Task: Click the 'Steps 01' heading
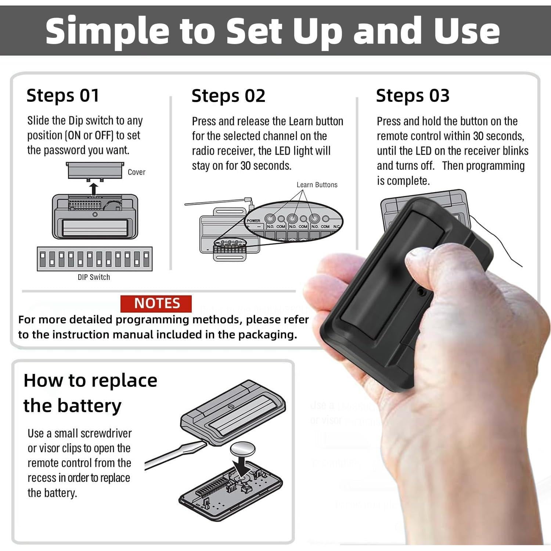coord(63,96)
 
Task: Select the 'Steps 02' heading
coord(228,96)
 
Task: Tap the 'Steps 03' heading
coord(413,96)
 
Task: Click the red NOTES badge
coord(156,303)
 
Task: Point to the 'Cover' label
coord(136,172)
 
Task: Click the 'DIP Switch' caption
coord(94,277)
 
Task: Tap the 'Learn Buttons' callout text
coord(317,185)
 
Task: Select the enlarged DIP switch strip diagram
coord(94,259)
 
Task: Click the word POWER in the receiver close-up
coord(253,221)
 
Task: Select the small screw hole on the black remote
coord(422,292)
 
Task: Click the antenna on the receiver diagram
coord(217,202)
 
